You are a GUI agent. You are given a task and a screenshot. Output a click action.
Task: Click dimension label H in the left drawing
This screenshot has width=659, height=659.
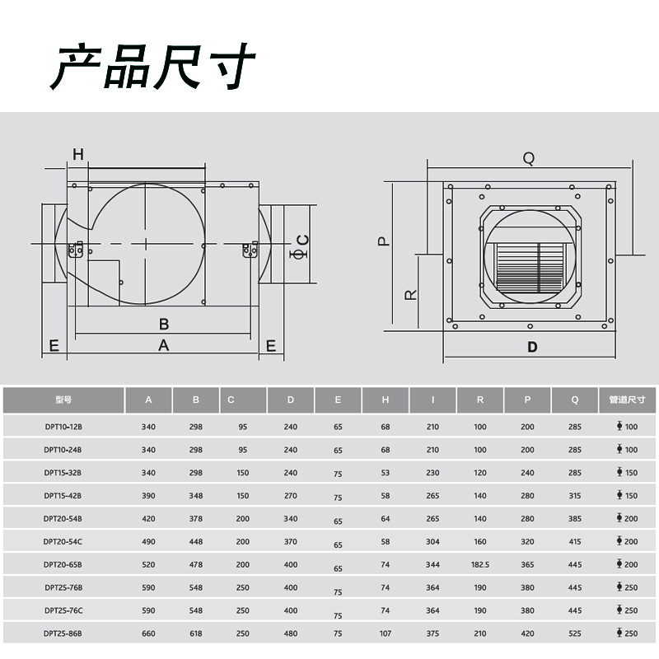[x=78, y=154]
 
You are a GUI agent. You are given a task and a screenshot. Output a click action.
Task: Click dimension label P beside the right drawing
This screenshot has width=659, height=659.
[x=383, y=241]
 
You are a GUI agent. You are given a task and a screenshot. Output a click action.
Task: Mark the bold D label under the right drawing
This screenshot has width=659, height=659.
[x=532, y=347]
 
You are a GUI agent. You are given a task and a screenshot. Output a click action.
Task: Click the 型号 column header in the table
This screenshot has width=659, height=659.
[x=63, y=400]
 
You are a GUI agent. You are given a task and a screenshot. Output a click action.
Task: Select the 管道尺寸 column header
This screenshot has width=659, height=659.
[x=627, y=400]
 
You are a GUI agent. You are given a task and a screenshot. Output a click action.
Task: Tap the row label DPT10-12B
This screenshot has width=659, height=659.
[x=63, y=427]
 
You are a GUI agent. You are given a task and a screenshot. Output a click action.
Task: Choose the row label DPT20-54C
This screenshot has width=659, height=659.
[x=63, y=542]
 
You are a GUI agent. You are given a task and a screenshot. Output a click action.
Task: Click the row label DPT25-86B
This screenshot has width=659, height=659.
[x=63, y=634]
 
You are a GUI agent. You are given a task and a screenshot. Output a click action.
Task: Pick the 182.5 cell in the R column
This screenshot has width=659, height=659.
[x=480, y=565]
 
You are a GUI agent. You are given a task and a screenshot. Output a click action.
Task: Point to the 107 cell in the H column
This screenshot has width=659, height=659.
[x=386, y=634]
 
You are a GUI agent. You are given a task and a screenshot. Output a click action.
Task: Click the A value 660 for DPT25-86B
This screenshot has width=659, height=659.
[x=148, y=634]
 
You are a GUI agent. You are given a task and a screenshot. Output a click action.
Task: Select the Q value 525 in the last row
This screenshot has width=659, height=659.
[x=575, y=634]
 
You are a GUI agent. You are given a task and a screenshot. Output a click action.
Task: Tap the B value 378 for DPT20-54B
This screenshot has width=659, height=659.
[x=196, y=519]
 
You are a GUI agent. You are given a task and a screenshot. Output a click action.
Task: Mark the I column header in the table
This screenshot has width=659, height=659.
[x=432, y=400]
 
